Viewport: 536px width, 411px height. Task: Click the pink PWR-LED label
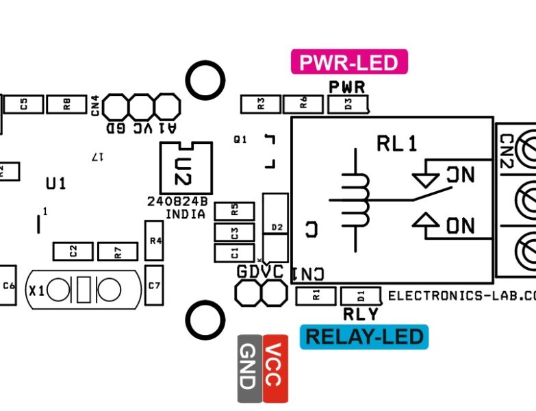pos(349,62)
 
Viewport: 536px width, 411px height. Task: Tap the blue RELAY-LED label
pos(364,336)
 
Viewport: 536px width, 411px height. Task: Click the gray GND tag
pos(249,369)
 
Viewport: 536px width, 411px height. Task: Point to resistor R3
pos(261,104)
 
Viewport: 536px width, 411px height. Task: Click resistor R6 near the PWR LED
pos(303,104)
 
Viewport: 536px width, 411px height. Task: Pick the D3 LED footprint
pos(348,104)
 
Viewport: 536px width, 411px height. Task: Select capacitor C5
pos(23,104)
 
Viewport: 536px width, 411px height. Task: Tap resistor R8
pos(66,104)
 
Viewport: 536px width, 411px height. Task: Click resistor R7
pos(117,251)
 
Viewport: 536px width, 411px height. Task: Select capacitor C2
pos(73,251)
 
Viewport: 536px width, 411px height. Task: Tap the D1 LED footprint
pos(361,296)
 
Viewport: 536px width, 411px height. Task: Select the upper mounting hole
pos(205,81)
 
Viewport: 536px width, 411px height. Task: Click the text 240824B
pos(177,202)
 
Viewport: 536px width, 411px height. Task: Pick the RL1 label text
pos(396,144)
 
